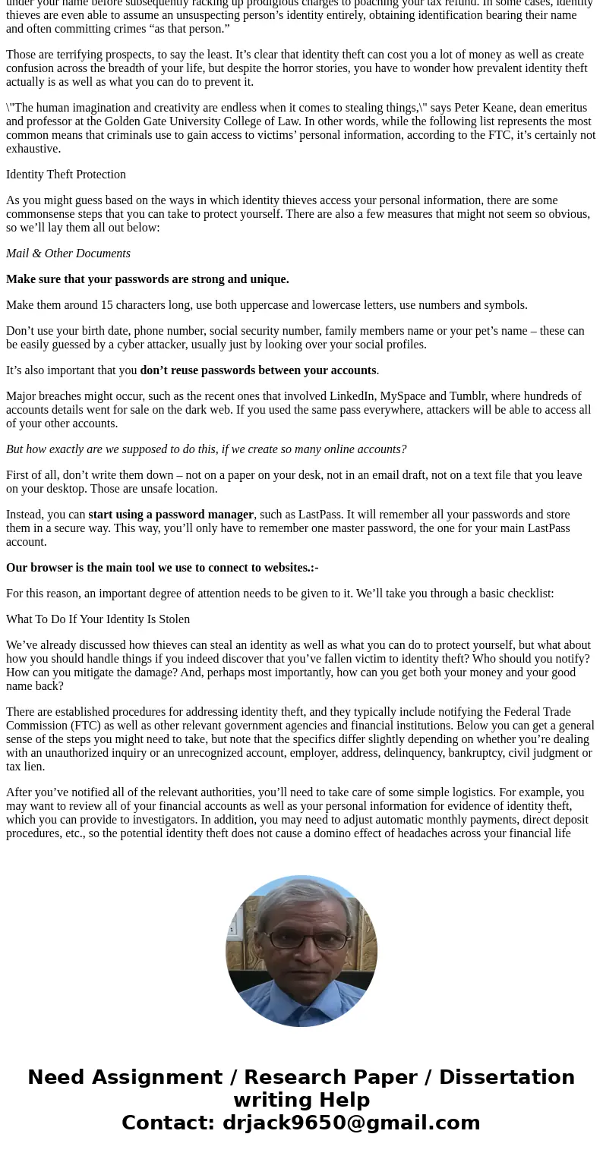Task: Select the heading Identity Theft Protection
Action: tap(66, 175)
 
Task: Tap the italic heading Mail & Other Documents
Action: tap(68, 254)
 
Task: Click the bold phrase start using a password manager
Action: tap(171, 515)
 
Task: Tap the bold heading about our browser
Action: tap(162, 568)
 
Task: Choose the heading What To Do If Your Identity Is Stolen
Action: tap(98, 619)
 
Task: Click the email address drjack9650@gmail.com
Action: tap(351, 1123)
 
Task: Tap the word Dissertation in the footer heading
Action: tap(507, 1078)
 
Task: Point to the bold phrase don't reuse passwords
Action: tap(257, 370)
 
